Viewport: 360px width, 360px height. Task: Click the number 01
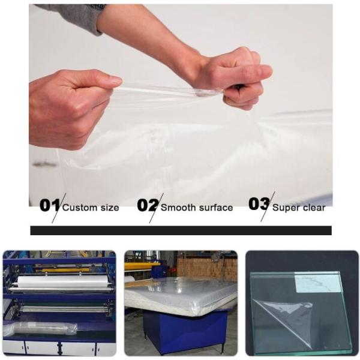(x=49, y=205)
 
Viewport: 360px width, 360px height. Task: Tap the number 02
(x=147, y=205)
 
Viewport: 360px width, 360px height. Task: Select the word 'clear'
(x=314, y=208)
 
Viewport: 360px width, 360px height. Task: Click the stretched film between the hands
(x=162, y=91)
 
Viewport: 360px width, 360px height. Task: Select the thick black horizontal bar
(x=181, y=230)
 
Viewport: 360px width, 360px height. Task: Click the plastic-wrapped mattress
(x=180, y=294)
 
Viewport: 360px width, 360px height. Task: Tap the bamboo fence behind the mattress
(x=210, y=267)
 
